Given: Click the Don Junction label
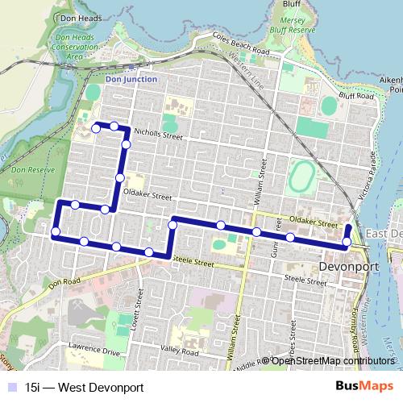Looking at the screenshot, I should [x=131, y=80].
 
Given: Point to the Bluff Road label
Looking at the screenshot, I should [x=359, y=96].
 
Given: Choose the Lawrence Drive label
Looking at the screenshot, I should [x=93, y=352].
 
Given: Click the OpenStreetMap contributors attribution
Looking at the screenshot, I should [x=332, y=360].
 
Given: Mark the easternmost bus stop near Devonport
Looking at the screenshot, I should [x=347, y=241].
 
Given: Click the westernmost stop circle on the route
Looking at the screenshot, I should [x=56, y=233].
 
